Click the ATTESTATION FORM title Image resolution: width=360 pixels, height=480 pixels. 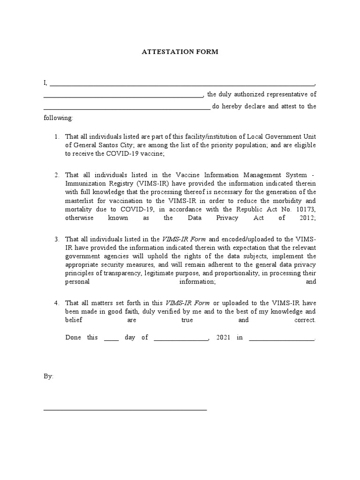pos(180,52)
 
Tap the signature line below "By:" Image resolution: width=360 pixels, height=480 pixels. pos(125,410)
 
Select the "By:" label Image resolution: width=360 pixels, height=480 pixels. pos(49,376)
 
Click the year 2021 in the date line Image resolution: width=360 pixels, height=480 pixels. pos(223,337)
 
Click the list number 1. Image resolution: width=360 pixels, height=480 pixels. pos(56,137)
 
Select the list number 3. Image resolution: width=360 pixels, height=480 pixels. pos(56,240)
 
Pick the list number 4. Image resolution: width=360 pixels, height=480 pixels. pos(56,303)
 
